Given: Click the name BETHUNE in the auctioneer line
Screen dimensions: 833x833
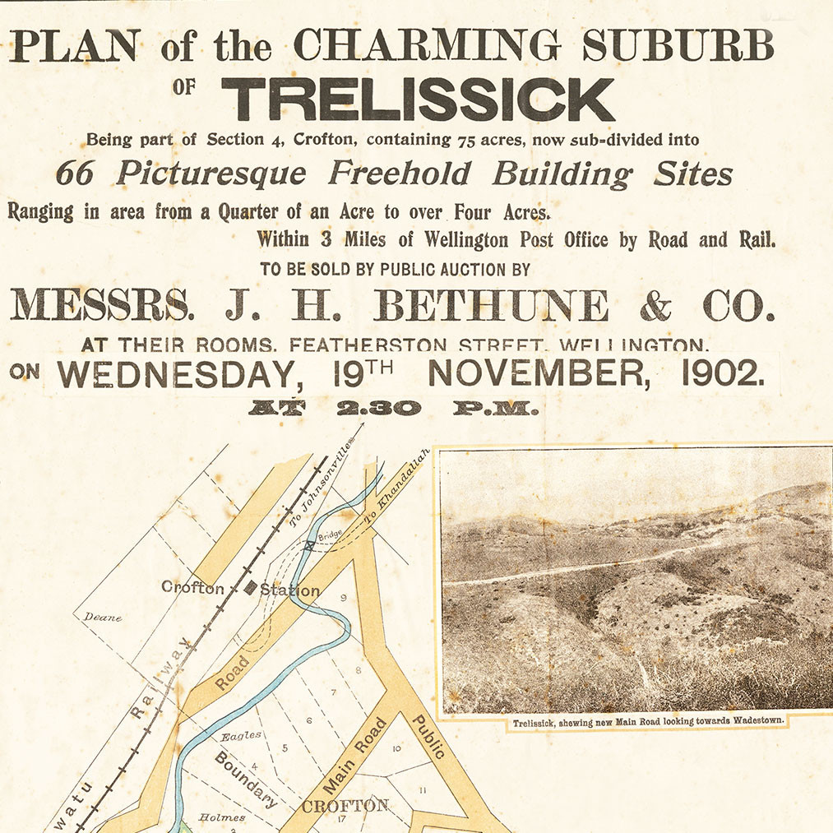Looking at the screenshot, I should pyautogui.click(x=492, y=306).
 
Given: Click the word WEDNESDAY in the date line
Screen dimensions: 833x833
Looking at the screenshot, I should pyautogui.click(x=176, y=375).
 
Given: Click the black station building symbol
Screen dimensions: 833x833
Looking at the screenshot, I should pyautogui.click(x=251, y=588).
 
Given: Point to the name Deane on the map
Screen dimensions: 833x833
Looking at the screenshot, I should pyautogui.click(x=103, y=617).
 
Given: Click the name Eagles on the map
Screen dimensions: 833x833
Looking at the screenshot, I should pyautogui.click(x=242, y=735).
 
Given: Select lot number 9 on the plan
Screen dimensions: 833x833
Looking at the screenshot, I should pyautogui.click(x=344, y=598).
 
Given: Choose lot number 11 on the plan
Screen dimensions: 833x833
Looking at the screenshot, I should pyautogui.click(x=423, y=790).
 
